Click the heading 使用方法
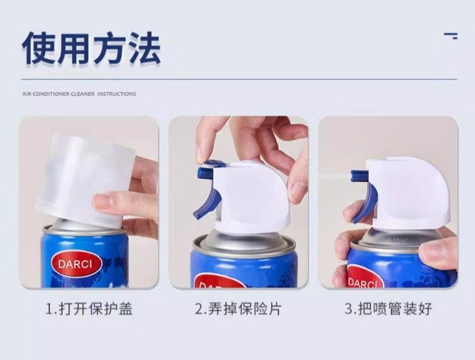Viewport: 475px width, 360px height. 91,49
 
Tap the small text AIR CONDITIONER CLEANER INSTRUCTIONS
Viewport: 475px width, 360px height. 79,94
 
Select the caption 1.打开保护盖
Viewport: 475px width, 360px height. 89,309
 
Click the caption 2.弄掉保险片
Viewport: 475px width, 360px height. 238,309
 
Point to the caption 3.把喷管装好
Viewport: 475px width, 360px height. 388,309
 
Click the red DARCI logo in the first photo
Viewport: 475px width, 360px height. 75,264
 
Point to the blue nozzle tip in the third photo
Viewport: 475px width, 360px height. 360,176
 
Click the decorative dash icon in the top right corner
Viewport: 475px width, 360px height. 451,36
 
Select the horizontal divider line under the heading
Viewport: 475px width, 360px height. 239,79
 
